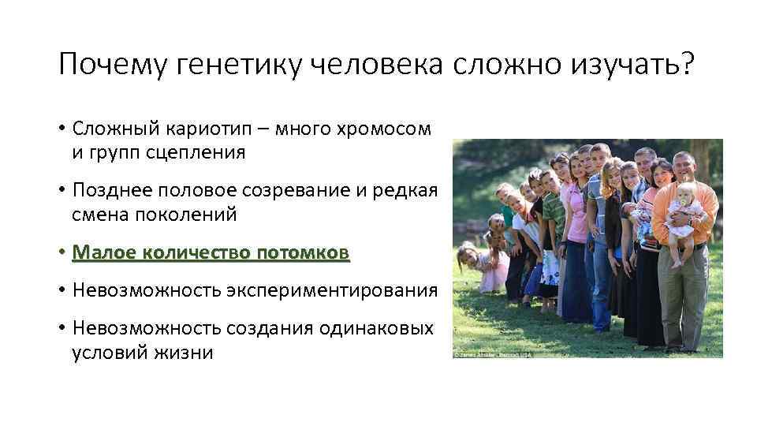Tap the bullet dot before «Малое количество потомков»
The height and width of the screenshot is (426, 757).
pos(62,253)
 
